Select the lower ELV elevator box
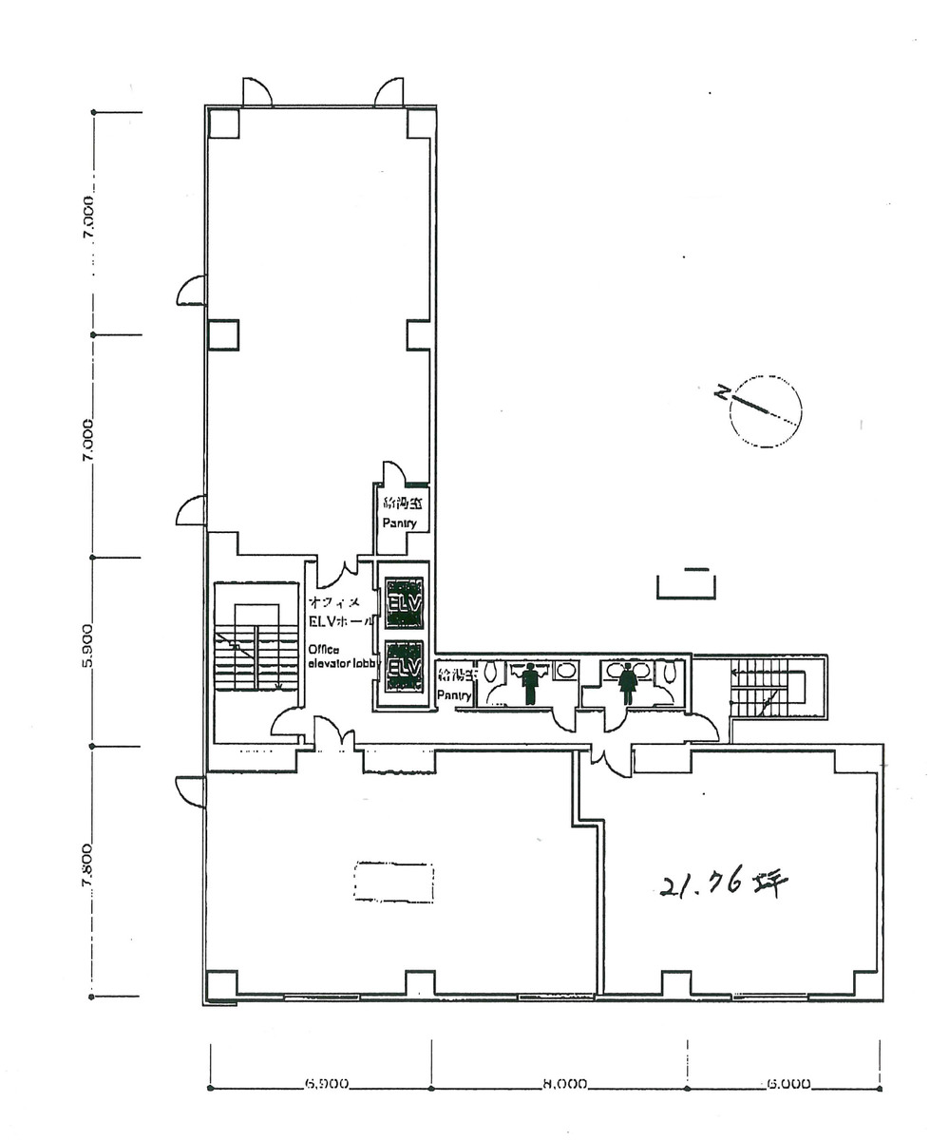[x=404, y=668]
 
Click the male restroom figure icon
[x=530, y=681]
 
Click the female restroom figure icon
[x=627, y=681]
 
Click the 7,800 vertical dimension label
[x=88, y=866]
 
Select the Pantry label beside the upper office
[x=399, y=523]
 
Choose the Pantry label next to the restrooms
[x=453, y=695]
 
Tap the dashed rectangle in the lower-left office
[x=393, y=882]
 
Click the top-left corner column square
[x=223, y=123]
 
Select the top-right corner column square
[x=421, y=123]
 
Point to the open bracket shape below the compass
[x=683, y=583]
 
